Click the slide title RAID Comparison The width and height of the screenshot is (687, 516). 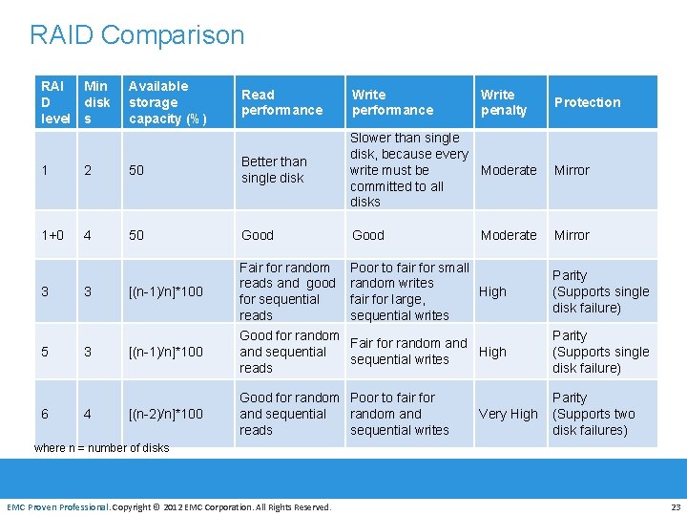pos(136,35)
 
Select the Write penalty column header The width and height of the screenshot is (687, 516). pos(504,102)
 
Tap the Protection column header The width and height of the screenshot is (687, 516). pos(587,102)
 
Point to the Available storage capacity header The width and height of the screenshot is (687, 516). pos(167,102)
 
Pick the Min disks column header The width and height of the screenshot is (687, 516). pos(96,102)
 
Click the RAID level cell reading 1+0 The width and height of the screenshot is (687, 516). pos(55,235)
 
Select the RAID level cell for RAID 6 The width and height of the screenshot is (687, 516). pos(46,414)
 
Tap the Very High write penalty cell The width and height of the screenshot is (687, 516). pos(508,414)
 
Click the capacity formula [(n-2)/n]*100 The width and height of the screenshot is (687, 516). pos(166,414)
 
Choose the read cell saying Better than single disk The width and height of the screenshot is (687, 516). pos(274,170)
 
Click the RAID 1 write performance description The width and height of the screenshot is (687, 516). pos(408,170)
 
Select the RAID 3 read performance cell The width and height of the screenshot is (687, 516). pos(287,291)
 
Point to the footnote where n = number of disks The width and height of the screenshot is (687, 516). pos(101,448)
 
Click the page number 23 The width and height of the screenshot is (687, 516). pos(676,506)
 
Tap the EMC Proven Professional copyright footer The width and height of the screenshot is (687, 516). pos(169,506)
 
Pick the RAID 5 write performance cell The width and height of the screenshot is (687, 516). pos(408,352)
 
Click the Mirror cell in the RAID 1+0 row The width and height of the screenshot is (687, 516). pos(572,235)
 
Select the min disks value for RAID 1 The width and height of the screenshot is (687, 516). pos(88,170)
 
